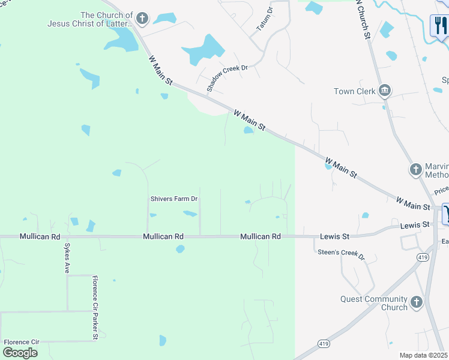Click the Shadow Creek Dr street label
coord(228,77)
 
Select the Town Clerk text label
coord(355,91)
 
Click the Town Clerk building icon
coord(385,91)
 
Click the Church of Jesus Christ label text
coord(90,19)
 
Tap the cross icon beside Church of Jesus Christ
coord(142,19)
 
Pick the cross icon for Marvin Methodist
coord(415,169)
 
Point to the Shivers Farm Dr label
coord(173,199)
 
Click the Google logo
coord(19,352)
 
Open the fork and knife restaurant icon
coord(441,25)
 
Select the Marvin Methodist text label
coord(436,170)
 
